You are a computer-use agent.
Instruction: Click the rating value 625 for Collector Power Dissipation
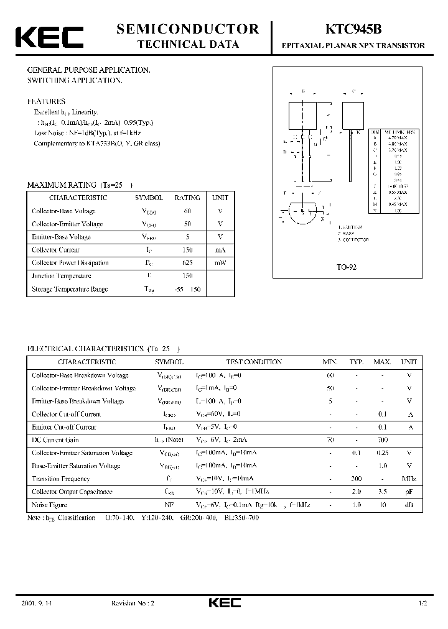(187, 263)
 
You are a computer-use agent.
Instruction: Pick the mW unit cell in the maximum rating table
(220, 263)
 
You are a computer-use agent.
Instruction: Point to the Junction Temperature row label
(62, 276)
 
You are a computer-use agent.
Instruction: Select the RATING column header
(187, 198)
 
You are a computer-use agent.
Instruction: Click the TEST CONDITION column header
(253, 362)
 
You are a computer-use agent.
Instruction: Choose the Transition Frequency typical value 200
(356, 479)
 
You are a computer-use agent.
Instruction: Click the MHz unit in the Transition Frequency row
(409, 479)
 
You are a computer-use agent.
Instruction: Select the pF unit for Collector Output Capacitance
(409, 492)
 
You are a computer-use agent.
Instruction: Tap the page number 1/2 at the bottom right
(424, 604)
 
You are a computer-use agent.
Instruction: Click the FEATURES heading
(45, 101)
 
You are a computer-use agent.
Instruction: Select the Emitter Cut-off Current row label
(64, 427)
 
